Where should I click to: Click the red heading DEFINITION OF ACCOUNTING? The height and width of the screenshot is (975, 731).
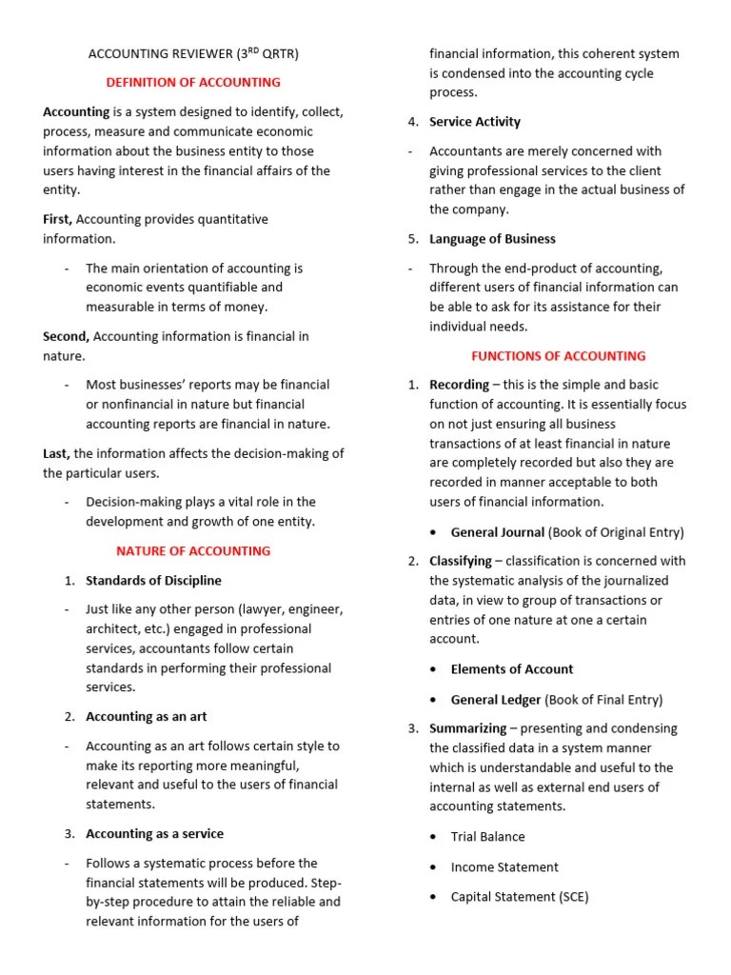193,82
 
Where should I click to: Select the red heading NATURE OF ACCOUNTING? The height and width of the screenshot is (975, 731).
193,550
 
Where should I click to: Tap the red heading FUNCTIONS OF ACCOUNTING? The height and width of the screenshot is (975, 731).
559,356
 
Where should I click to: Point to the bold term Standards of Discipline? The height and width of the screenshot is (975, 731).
153,580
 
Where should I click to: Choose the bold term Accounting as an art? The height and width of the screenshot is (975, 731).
146,716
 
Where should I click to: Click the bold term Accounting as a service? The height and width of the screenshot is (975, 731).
154,833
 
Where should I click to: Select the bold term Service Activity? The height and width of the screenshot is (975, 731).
475,122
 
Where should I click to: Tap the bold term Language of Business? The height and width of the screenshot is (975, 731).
492,239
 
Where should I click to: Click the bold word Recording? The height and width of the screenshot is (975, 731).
459,385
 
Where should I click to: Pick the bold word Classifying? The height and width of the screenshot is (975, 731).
461,561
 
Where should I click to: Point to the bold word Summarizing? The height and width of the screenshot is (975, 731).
467,728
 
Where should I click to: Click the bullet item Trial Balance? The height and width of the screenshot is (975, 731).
487,836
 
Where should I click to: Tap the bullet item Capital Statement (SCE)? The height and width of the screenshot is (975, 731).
520,897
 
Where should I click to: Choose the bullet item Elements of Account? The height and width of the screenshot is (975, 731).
512,669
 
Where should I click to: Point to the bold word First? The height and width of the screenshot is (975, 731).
58,219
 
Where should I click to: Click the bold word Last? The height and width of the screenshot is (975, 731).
56,453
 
